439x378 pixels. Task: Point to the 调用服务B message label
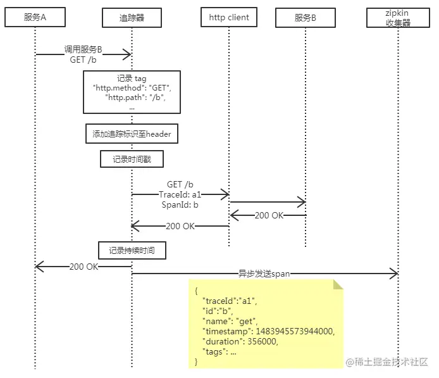83,49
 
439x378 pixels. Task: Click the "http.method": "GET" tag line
132,88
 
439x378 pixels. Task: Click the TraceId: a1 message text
180,194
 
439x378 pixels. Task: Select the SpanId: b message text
180,205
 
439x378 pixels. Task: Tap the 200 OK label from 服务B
269,215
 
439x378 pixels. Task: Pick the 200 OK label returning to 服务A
83,267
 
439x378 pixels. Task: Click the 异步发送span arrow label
264,274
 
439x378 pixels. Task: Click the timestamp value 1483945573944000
295,331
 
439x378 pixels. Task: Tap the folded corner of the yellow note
338,284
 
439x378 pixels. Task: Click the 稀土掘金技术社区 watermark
387,362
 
